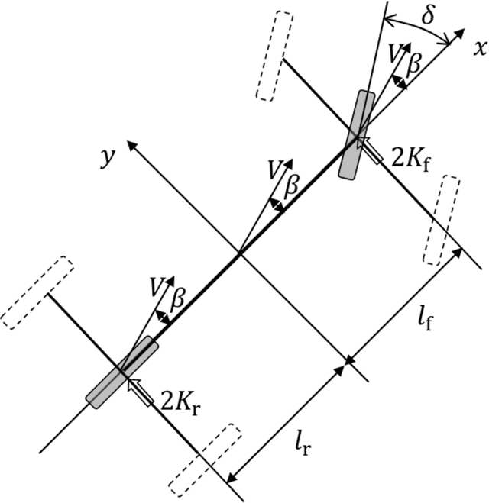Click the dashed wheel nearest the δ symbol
(274, 56)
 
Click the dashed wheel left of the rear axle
(36, 292)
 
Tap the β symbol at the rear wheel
(177, 299)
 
